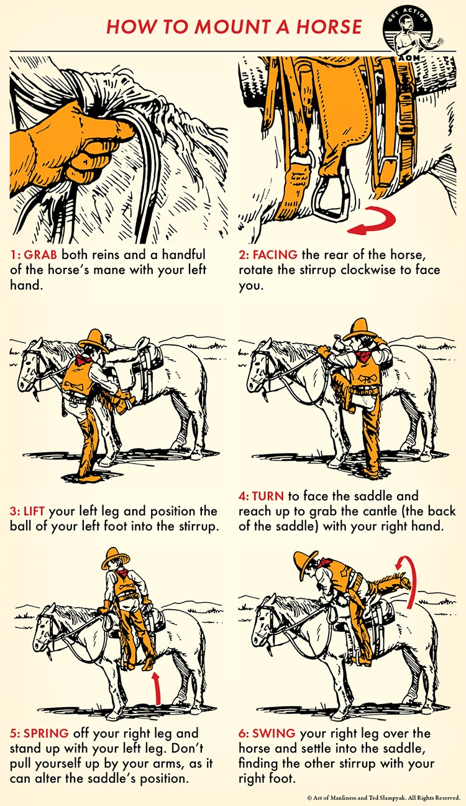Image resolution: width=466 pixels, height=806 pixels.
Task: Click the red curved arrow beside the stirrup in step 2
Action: click(x=372, y=221)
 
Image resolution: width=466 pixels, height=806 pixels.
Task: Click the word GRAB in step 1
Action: click(x=40, y=255)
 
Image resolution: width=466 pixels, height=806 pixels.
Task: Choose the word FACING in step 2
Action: click(x=275, y=255)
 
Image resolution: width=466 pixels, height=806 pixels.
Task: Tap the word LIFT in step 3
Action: click(x=34, y=511)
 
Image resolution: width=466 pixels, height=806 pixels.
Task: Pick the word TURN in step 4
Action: click(x=268, y=496)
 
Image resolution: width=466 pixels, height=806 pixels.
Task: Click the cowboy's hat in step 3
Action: click(x=94, y=341)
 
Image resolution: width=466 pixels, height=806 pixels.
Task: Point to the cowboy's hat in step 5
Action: click(x=115, y=557)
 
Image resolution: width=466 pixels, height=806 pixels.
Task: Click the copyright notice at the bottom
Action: click(x=384, y=798)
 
